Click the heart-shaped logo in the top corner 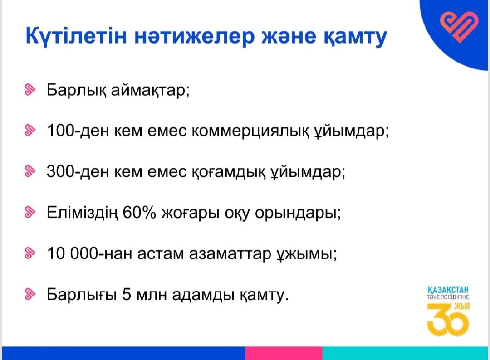point(459,27)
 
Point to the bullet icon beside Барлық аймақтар point(30,90)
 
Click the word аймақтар point(150,90)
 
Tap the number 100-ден point(78,131)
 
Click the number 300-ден point(78,171)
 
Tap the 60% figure point(139,212)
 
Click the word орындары point(298,213)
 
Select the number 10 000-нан point(89,253)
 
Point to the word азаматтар point(230,254)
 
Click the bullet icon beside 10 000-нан point(30,253)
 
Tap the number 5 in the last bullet point(126,294)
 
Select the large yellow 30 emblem point(448,319)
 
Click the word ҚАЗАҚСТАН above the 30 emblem point(448,290)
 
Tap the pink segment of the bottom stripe point(284,353)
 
